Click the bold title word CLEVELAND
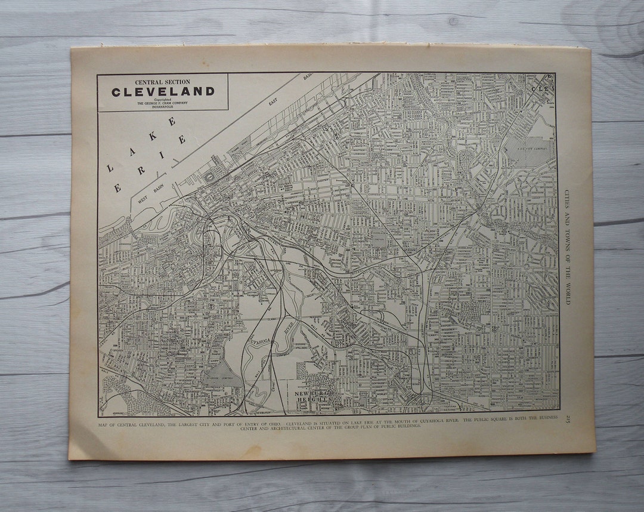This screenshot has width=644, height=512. pos(162,92)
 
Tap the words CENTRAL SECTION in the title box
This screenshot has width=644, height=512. pos(162,82)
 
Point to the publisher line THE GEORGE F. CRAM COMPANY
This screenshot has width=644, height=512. pos(162,103)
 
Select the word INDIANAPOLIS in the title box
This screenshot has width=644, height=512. pos(162,107)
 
